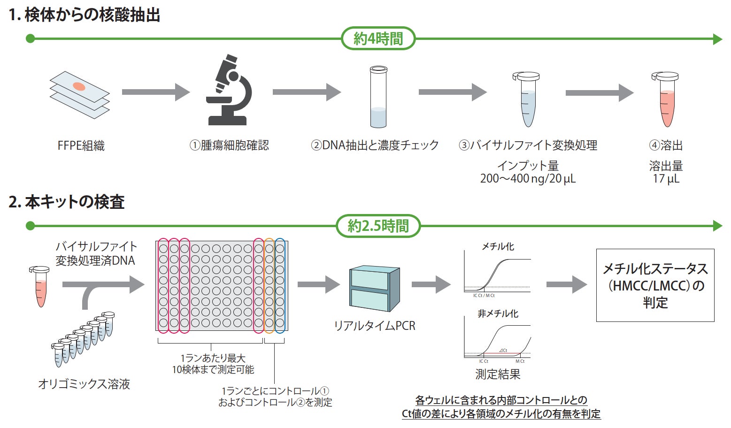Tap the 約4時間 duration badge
(x=378, y=38)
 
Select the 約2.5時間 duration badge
(x=378, y=226)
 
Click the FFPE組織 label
(x=81, y=145)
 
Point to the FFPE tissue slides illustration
(x=80, y=94)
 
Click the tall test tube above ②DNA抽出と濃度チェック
(x=378, y=97)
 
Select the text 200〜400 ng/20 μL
(x=528, y=179)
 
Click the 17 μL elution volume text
(x=666, y=179)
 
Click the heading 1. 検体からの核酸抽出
(x=85, y=15)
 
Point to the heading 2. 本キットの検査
(x=67, y=202)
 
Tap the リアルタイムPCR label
(x=374, y=326)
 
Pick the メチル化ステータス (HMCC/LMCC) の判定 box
(x=655, y=285)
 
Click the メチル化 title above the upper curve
(x=498, y=246)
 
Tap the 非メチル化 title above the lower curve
(x=498, y=313)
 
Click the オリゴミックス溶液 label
(x=84, y=384)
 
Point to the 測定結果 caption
(x=498, y=374)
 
